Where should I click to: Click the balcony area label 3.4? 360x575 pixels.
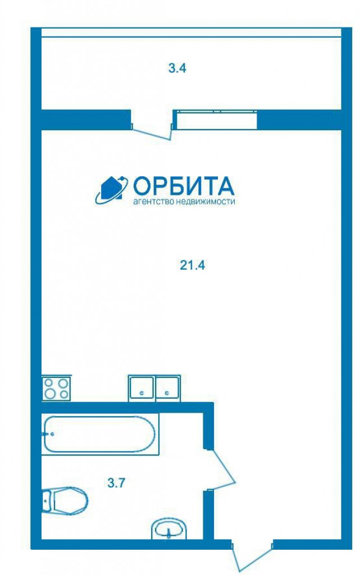pos(177,68)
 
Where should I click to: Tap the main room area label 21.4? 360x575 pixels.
pos(193,265)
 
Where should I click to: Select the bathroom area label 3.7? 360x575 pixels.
pos(117,483)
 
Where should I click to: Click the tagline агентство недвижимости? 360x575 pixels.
pos(184,202)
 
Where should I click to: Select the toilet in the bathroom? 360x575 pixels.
pos(65,500)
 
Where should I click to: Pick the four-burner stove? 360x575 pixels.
pos(56,388)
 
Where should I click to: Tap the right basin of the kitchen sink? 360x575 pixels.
pos(168,388)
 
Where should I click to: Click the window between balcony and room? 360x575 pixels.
pos(217,120)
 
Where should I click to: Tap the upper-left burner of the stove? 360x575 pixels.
pos(49,383)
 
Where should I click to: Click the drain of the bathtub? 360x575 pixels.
pos(52,434)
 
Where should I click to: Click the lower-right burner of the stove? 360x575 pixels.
pos(64,394)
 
